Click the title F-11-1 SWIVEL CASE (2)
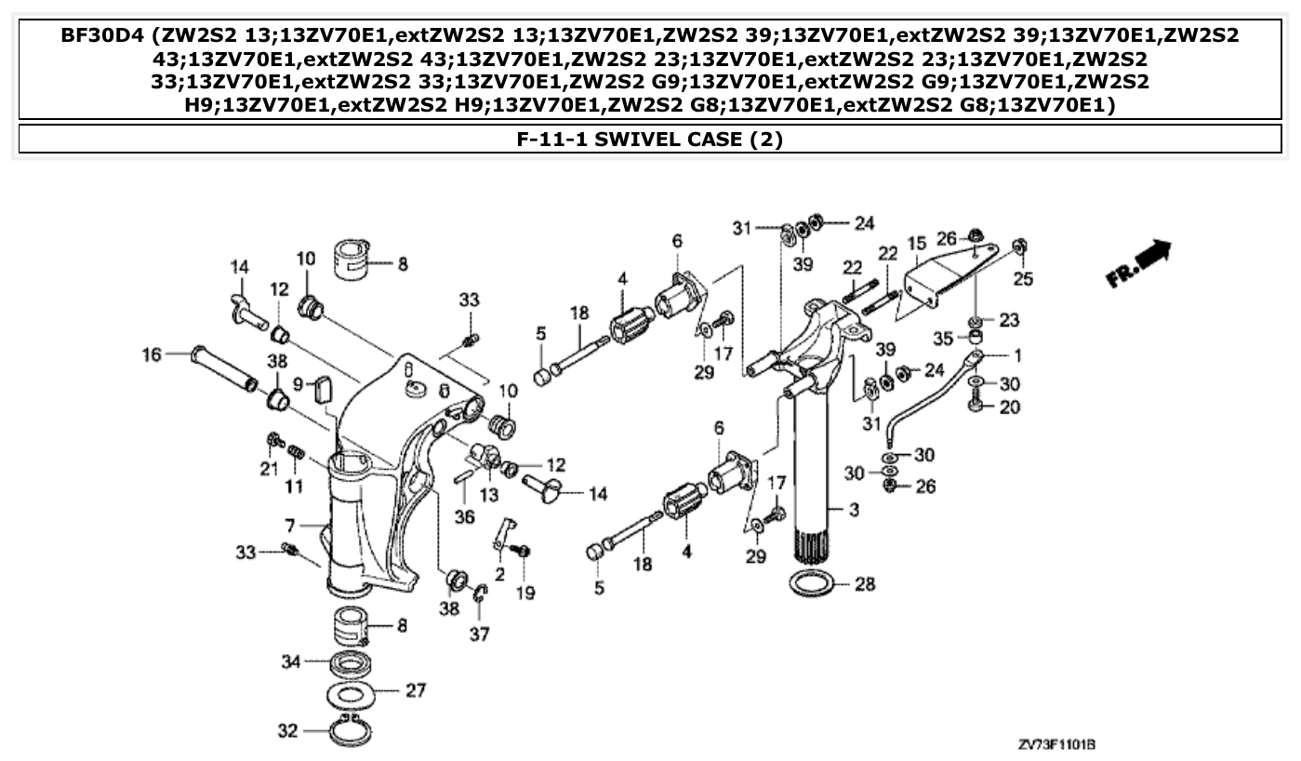coord(649,140)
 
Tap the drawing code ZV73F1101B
coord(1056,745)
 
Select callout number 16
coord(152,354)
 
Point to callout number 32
coord(287,731)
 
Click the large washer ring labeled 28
coord(812,585)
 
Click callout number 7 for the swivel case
coord(291,527)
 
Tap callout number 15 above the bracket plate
coord(917,244)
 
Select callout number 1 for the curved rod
coord(1017,354)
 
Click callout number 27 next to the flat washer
coord(415,691)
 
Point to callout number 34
coord(291,661)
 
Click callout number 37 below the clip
coord(480,634)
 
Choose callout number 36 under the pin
coord(464,516)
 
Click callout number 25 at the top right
coord(1026,279)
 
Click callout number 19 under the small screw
coord(525,592)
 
